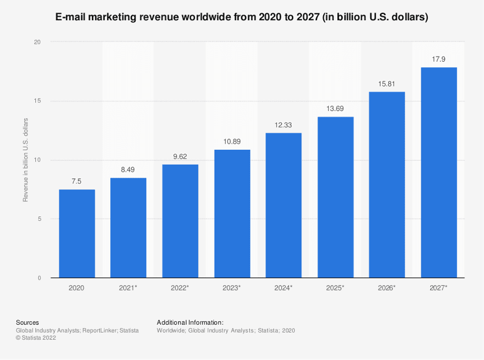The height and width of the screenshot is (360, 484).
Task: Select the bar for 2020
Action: (x=77, y=233)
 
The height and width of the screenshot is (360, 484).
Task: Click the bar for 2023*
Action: (x=232, y=214)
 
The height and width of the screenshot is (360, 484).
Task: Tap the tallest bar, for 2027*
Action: (x=439, y=172)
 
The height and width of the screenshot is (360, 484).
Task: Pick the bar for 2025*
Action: (x=336, y=197)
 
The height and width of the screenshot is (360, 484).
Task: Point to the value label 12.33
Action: (x=283, y=125)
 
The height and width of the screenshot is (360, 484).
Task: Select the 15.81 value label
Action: (x=387, y=84)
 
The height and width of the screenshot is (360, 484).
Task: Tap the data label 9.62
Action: (x=180, y=156)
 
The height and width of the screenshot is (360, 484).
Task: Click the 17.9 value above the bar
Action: (x=439, y=59)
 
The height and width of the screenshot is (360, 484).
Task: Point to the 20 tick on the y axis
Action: (x=38, y=42)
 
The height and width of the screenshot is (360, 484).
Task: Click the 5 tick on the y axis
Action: (x=39, y=219)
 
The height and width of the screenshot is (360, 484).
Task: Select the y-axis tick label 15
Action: (x=38, y=101)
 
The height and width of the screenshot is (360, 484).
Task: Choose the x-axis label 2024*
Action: (x=283, y=288)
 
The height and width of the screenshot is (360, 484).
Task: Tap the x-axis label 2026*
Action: (x=387, y=288)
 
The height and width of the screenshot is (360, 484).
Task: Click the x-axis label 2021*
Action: (x=128, y=288)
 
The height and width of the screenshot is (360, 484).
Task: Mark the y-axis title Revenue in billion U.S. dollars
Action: (x=25, y=160)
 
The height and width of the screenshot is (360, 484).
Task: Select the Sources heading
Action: (x=27, y=322)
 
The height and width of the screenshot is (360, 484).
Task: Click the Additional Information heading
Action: (x=190, y=322)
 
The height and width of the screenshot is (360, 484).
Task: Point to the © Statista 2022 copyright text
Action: (x=36, y=338)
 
